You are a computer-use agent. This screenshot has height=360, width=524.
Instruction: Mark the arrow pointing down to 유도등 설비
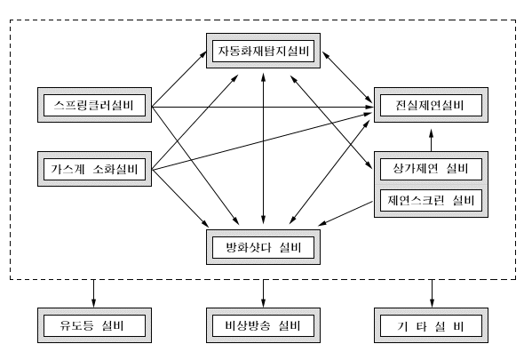[93, 293]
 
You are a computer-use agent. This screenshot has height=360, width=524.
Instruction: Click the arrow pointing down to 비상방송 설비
[264, 293]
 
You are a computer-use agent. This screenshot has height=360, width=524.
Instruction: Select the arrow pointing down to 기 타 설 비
[432, 293]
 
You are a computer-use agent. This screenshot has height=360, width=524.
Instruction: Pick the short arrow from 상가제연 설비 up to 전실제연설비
[431, 140]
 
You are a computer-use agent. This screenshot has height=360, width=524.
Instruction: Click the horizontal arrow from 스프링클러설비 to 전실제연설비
[262, 107]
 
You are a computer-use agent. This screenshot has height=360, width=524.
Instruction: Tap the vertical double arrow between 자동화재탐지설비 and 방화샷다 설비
[264, 148]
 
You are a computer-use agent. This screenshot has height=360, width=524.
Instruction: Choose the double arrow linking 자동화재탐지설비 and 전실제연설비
[347, 77]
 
